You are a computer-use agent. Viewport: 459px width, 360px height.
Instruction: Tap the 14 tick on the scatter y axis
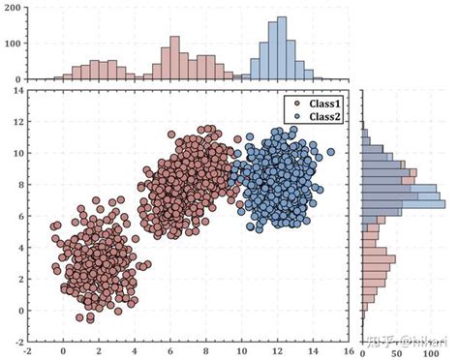click(16, 91)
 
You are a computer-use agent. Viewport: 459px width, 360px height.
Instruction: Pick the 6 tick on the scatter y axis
click(18, 217)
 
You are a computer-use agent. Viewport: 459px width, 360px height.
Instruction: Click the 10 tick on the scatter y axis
click(16, 154)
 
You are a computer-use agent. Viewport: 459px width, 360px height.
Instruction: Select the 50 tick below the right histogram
click(392, 352)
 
